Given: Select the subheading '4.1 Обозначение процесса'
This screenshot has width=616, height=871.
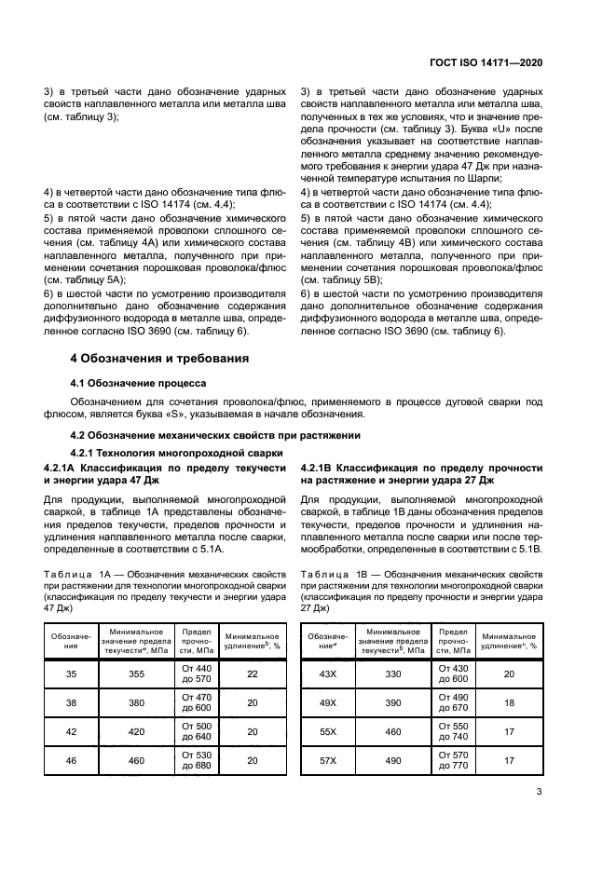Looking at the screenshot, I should pos(139,383).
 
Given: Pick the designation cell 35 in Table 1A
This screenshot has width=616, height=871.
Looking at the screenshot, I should pos(71,673).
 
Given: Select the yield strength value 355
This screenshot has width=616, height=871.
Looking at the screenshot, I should pos(137,673).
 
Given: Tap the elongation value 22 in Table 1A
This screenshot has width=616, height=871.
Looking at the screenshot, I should pos(252,673).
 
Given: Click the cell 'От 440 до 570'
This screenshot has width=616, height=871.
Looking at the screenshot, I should pos(198,673).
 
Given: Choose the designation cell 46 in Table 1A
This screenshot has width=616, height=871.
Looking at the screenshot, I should pos(71,760).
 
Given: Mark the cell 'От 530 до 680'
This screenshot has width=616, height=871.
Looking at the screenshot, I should pos(198,760).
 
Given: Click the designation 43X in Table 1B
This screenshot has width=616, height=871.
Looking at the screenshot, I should pos(327,673).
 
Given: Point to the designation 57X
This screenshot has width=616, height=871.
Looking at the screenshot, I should pos(327,760).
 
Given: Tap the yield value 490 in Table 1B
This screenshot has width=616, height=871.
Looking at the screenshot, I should pos(392,760).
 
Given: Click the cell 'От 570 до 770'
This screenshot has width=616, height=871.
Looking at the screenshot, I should pos(454,760).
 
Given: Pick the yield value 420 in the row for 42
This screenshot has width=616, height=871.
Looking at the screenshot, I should pos(137,731).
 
